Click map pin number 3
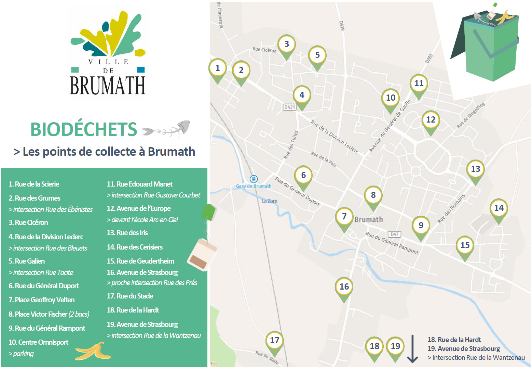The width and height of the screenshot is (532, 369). [286, 44]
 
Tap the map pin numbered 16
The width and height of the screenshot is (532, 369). [344, 287]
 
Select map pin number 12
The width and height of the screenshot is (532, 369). [431, 120]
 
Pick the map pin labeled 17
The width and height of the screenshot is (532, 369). [274, 340]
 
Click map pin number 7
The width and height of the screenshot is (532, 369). [344, 216]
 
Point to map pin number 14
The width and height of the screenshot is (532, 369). [499, 208]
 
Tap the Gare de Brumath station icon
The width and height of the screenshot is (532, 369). [254, 179]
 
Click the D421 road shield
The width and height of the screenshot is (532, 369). [289, 107]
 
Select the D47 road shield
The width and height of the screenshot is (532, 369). [394, 234]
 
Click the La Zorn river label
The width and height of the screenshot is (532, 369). [270, 201]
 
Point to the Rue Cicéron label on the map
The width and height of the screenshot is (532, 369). [264, 50]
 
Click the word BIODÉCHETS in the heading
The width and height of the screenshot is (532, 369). [84, 129]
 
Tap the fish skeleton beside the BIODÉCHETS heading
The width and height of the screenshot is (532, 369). [167, 129]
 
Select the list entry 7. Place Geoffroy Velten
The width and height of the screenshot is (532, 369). [41, 300]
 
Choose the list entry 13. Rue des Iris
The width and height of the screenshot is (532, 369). [127, 233]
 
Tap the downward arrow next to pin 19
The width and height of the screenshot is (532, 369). [412, 348]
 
